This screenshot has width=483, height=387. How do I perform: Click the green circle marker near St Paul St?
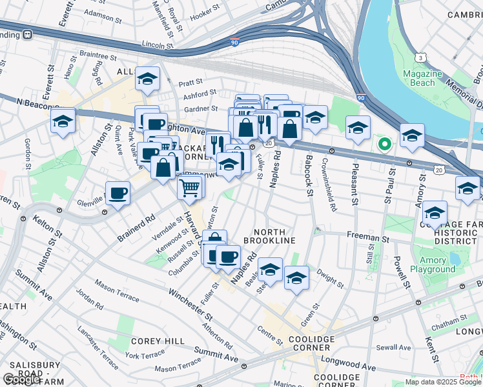384,143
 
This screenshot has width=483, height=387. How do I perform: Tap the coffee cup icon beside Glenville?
118,193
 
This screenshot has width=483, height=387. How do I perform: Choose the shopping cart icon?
189,188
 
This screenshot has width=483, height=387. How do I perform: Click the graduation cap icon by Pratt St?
147,79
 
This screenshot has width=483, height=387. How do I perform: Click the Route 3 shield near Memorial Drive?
420,57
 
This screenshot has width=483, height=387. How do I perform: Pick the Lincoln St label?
158,46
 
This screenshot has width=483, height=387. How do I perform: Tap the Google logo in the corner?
21,379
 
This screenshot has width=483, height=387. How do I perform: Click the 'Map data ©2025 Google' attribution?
442,382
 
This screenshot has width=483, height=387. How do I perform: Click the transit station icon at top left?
28,34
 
